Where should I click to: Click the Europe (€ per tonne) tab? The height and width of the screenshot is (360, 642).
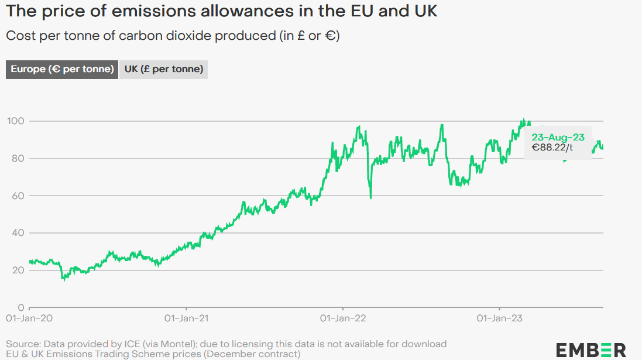pyautogui.click(x=62, y=69)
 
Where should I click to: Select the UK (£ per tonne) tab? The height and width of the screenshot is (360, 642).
pyautogui.click(x=164, y=69)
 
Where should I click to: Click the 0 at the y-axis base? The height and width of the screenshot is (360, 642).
pyautogui.click(x=20, y=307)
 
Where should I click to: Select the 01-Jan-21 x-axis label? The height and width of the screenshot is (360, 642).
pyautogui.click(x=186, y=318)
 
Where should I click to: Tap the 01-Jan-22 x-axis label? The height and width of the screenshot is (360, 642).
pyautogui.click(x=343, y=318)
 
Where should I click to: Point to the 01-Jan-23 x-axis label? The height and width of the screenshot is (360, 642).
pyautogui.click(x=500, y=318)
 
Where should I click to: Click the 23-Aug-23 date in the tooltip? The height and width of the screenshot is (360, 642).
pyautogui.click(x=558, y=137)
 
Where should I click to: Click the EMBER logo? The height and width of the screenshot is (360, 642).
pyautogui.click(x=591, y=349)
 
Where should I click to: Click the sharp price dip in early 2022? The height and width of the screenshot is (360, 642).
pyautogui.click(x=371, y=197)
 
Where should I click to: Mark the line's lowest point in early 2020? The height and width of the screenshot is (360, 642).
pyautogui.click(x=63, y=279)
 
